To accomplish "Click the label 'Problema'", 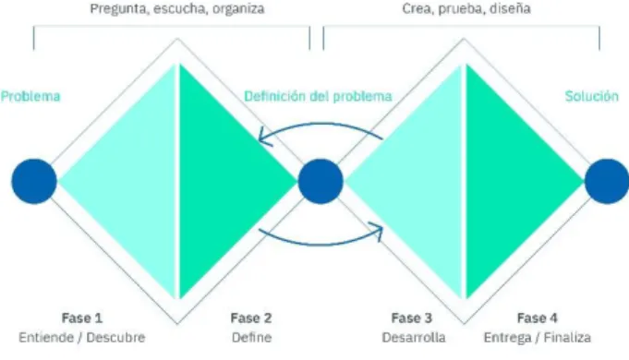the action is [30, 96].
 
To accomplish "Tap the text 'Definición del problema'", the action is [318, 96].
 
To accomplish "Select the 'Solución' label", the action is [592, 96].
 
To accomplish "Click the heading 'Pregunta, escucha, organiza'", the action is [177, 9].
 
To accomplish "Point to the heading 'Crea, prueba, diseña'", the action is [466, 9].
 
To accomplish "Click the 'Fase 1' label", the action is [82, 318].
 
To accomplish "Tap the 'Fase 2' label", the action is [251, 318].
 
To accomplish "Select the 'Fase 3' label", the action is [412, 318].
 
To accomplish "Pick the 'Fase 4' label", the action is [538, 318].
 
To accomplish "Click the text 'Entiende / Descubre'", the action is [82, 338].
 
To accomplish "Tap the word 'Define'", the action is [251, 338].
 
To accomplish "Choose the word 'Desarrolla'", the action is [414, 338].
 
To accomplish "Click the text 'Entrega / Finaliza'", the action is [538, 338].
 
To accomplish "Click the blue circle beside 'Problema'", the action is [34, 181].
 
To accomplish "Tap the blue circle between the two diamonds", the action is [321, 181].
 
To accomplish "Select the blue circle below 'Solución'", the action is [607, 181].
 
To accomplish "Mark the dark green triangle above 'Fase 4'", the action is [505, 181].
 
